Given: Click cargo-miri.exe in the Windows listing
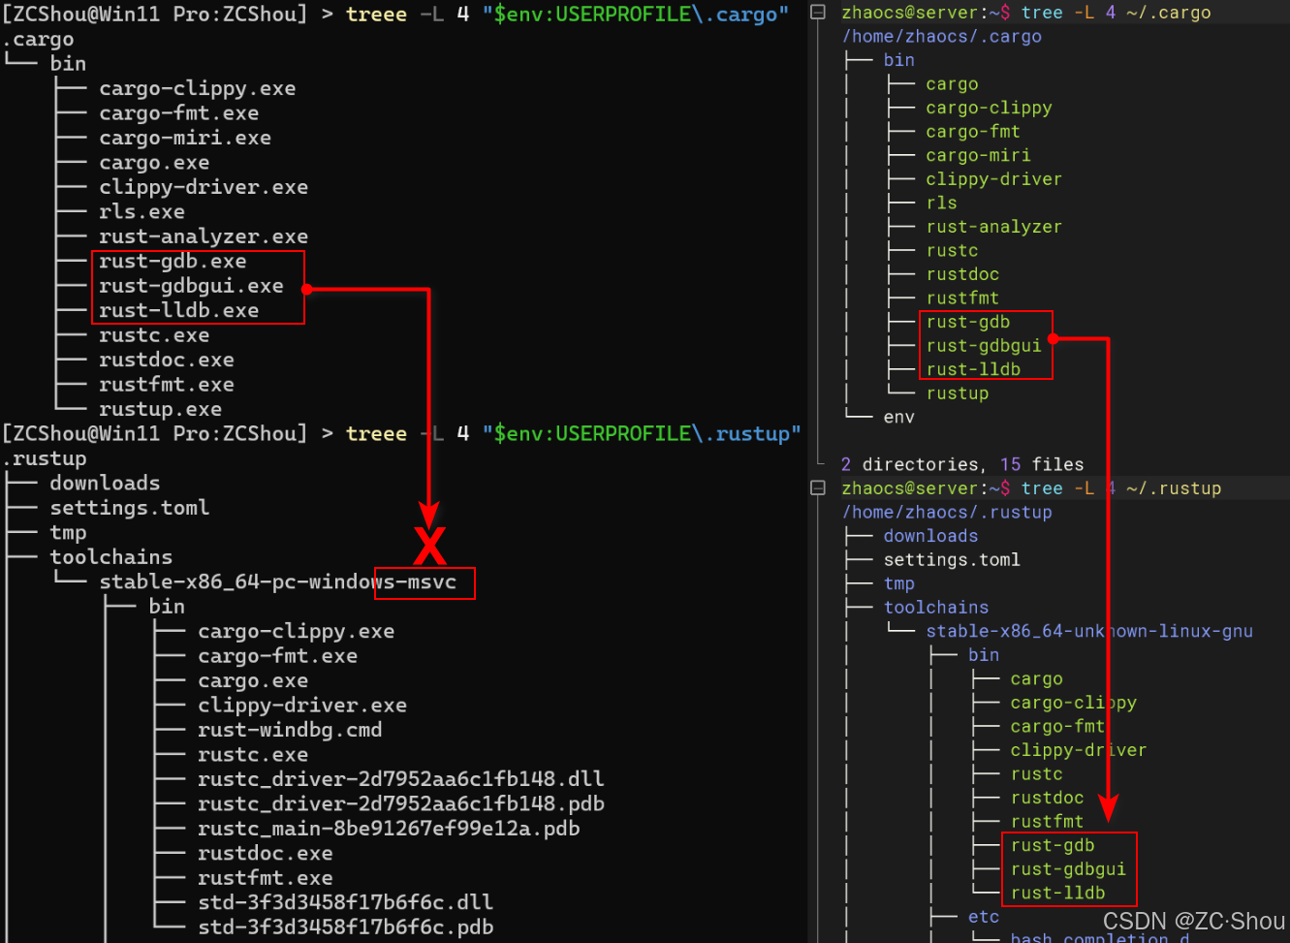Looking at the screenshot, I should click(x=184, y=138).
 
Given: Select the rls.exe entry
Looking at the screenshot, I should click(x=142, y=211).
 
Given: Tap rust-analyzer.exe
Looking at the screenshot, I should click(x=203, y=236).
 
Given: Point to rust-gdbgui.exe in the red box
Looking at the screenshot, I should click(x=191, y=286).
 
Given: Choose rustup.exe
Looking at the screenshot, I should click(x=160, y=409).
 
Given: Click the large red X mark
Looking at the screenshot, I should click(x=429, y=546).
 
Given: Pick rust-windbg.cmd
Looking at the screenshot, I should click(x=289, y=730).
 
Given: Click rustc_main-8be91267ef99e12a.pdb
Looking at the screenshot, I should click(x=388, y=829).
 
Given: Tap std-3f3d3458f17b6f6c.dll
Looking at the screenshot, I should click(x=345, y=902).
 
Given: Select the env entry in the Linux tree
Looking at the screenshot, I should click(x=898, y=417).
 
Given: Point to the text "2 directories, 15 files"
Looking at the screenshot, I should click(x=962, y=464).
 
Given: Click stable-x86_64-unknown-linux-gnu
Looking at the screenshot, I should click(x=1088, y=631).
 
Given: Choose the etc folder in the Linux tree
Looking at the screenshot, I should click(x=983, y=917).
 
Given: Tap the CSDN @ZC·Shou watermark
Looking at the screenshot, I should click(x=1193, y=921).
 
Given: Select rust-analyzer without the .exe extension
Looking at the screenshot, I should click(x=993, y=227).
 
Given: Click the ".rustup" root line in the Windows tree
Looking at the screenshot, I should click(x=45, y=458).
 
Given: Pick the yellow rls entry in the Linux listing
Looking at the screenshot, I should click(x=941, y=203).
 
